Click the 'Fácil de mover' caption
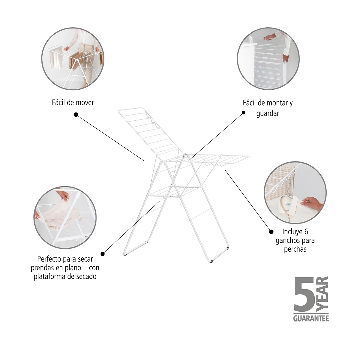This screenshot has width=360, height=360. click(x=73, y=103)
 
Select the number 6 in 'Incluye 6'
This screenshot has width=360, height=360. click(x=306, y=232)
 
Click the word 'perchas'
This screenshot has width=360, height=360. click(x=295, y=249)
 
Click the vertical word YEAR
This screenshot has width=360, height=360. click(x=322, y=294)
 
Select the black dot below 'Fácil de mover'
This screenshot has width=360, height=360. click(x=76, y=115)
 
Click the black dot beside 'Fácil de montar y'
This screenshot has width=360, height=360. click(x=243, y=113)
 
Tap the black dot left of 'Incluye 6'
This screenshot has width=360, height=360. click(x=271, y=232)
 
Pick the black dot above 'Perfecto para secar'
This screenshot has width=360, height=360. click(x=103, y=254)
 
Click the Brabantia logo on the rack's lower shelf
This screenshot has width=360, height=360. click(x=172, y=197)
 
